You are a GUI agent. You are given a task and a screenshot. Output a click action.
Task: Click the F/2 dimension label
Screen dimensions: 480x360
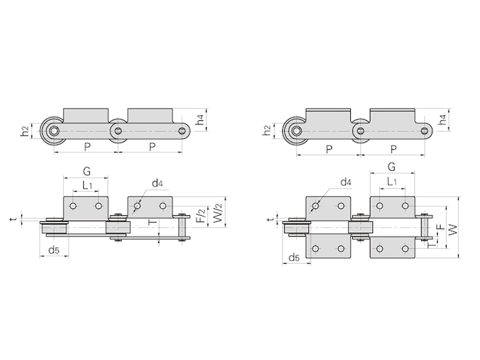pos(201,216)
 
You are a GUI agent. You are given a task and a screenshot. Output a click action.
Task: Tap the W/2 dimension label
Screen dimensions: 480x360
pos(217,214)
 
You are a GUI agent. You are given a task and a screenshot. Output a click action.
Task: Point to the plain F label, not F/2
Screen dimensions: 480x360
pos(440,227)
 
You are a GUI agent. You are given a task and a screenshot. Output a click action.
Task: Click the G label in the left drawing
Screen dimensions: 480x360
pos(87,171)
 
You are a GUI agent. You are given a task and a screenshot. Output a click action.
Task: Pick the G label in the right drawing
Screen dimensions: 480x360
pos(392,167)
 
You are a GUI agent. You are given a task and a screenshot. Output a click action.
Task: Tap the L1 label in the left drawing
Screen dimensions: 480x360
pos(87,185)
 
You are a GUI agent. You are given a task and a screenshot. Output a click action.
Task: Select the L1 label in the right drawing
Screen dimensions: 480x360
pos(392,182)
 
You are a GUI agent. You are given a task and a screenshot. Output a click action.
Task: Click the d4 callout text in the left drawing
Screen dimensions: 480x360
pos(157,183)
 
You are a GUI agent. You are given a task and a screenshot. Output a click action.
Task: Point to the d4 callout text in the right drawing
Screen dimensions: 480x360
pos(346,182)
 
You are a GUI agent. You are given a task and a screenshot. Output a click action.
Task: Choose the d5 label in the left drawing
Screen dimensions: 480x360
pos(54,250)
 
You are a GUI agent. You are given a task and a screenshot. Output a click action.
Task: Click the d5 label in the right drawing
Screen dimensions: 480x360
pos(295,257)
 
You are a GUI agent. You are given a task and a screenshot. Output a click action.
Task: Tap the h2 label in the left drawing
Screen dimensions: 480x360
pos(25,131)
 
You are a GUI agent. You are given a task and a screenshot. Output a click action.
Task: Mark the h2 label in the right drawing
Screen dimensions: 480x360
pos(267,130)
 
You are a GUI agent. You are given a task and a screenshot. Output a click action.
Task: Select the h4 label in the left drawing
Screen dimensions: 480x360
pos(200,119)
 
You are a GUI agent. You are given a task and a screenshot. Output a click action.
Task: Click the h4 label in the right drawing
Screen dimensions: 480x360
pos(442,119)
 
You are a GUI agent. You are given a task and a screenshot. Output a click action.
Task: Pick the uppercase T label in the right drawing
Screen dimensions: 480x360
pos(431,245)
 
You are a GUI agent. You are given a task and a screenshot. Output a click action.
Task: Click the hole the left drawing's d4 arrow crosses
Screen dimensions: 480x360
pos(137,206)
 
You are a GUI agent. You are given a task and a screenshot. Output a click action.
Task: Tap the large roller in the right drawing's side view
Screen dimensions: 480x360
pos(296,131)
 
